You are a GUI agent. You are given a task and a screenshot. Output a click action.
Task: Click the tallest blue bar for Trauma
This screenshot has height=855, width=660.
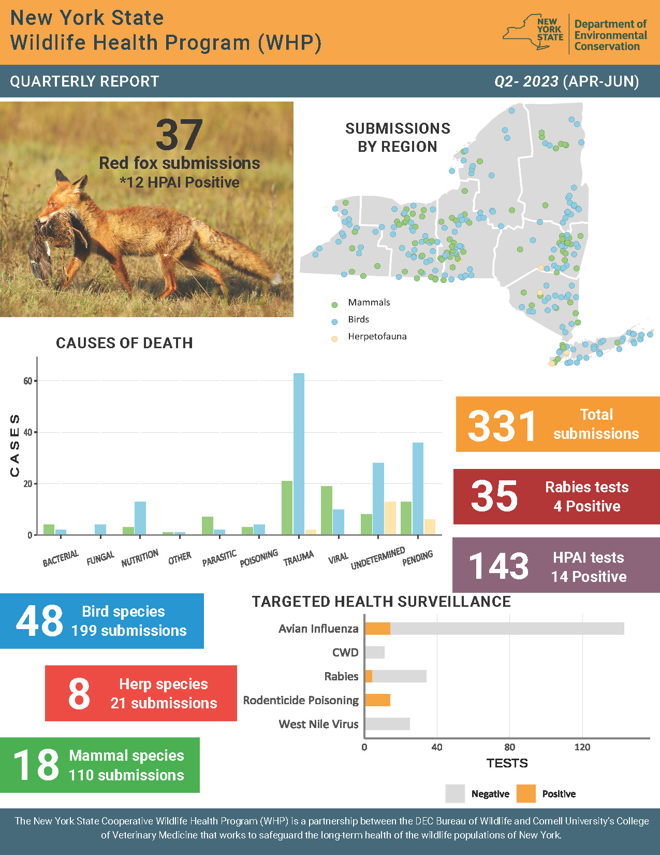[x=299, y=453]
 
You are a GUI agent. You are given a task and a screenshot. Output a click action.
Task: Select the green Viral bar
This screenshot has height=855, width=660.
[x=326, y=510]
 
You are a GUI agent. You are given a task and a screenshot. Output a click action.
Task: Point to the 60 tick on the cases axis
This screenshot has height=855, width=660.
[x=27, y=381]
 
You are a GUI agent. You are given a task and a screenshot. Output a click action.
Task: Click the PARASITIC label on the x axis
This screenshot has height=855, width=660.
[x=219, y=558]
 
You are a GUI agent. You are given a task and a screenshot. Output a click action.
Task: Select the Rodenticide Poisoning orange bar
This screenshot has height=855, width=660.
[x=377, y=700]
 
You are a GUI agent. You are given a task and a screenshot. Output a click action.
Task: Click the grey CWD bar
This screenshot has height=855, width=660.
[x=374, y=652]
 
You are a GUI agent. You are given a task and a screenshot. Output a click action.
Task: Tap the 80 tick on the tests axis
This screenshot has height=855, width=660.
[x=509, y=747]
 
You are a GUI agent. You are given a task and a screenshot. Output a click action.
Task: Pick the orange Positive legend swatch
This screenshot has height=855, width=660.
[x=526, y=793]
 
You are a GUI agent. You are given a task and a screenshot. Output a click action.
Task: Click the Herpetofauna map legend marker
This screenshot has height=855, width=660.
[x=334, y=339]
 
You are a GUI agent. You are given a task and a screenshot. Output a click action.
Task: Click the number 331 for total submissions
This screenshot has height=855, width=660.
[x=502, y=426]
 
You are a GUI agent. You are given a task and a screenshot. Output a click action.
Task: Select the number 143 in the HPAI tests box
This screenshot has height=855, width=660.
[x=499, y=566]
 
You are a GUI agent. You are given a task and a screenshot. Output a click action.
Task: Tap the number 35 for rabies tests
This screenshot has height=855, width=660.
[x=494, y=496]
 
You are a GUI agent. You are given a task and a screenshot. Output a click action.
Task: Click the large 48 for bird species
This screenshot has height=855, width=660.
[x=39, y=621]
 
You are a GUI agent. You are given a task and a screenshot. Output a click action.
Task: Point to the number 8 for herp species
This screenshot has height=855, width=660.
[x=79, y=694]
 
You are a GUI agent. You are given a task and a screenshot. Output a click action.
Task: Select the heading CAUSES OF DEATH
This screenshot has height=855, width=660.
[x=124, y=343]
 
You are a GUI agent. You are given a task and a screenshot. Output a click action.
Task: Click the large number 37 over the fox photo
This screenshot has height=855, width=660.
[x=179, y=135]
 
